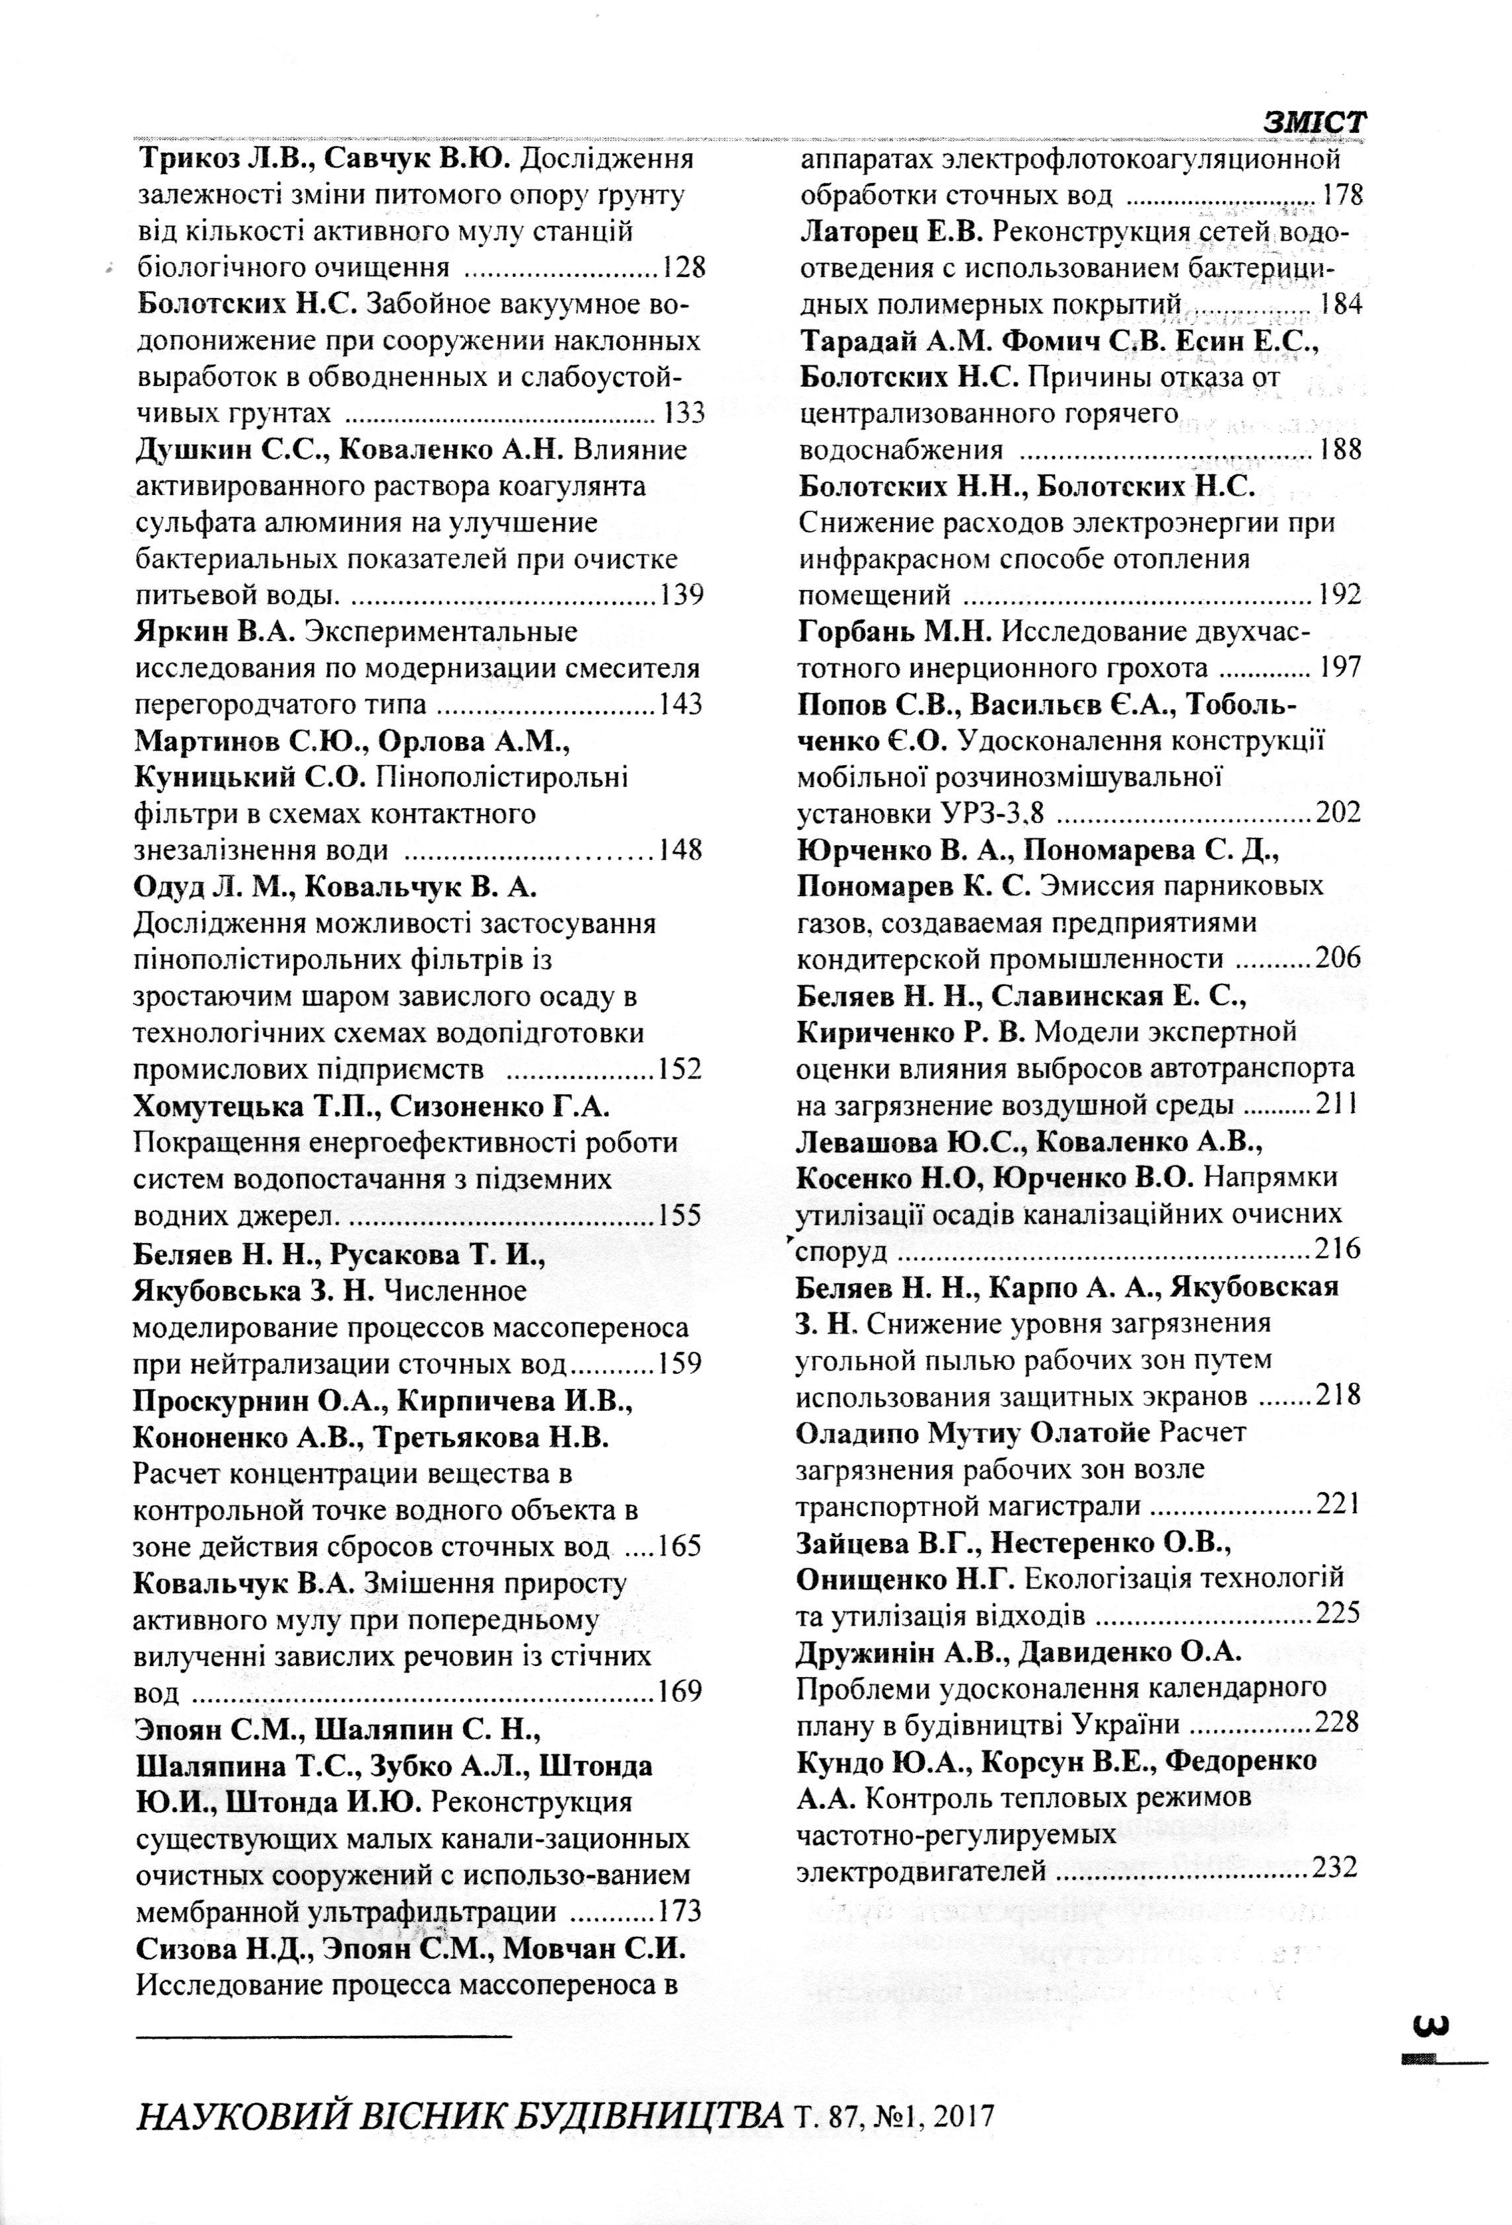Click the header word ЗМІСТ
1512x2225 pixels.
[1314, 122]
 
